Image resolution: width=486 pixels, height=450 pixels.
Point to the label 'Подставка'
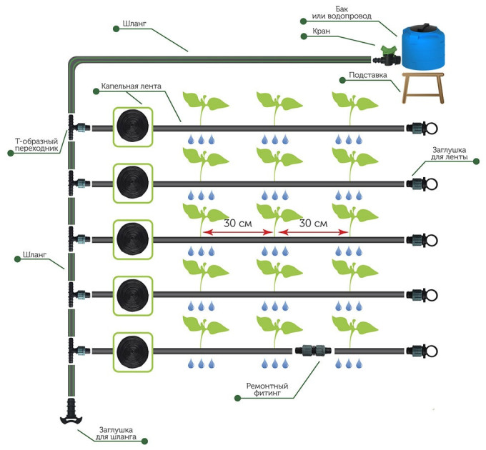(x=367, y=74)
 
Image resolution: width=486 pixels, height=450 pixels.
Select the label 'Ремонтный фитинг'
(x=267, y=390)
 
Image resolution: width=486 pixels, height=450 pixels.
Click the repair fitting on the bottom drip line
(x=314, y=350)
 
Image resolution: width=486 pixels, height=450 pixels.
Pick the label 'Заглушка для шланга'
(x=119, y=434)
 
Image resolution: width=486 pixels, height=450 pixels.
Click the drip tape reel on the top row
(x=134, y=127)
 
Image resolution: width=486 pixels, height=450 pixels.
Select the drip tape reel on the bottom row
(x=134, y=350)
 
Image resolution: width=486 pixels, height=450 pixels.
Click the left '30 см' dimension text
(x=238, y=223)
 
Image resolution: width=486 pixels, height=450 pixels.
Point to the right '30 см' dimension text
(x=313, y=223)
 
